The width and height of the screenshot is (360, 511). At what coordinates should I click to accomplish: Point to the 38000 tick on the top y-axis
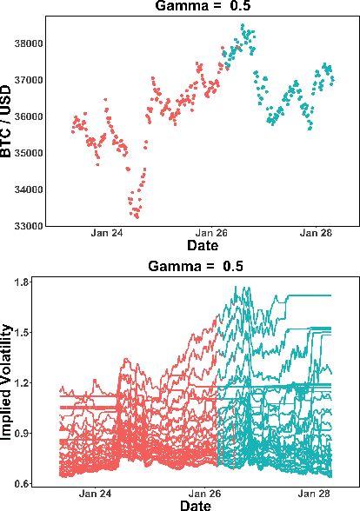(28, 43)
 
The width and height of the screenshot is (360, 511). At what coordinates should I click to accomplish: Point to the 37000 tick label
(28, 80)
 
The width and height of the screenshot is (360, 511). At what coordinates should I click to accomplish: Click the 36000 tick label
(28, 116)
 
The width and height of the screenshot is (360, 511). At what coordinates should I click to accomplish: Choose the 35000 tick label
(28, 153)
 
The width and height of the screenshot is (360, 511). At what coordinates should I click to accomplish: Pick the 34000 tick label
(28, 189)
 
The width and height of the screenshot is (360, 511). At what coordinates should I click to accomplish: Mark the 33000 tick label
(28, 226)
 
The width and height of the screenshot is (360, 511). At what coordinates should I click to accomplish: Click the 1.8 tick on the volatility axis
(23, 282)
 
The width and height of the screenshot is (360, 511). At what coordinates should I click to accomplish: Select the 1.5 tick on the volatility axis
(23, 333)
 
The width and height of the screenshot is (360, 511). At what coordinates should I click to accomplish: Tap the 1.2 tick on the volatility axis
(23, 382)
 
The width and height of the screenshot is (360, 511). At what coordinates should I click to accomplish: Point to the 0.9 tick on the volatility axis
(23, 433)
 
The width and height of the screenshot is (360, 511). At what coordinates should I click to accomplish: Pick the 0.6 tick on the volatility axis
(23, 483)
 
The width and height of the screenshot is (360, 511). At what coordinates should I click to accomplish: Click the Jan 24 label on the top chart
(107, 234)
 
